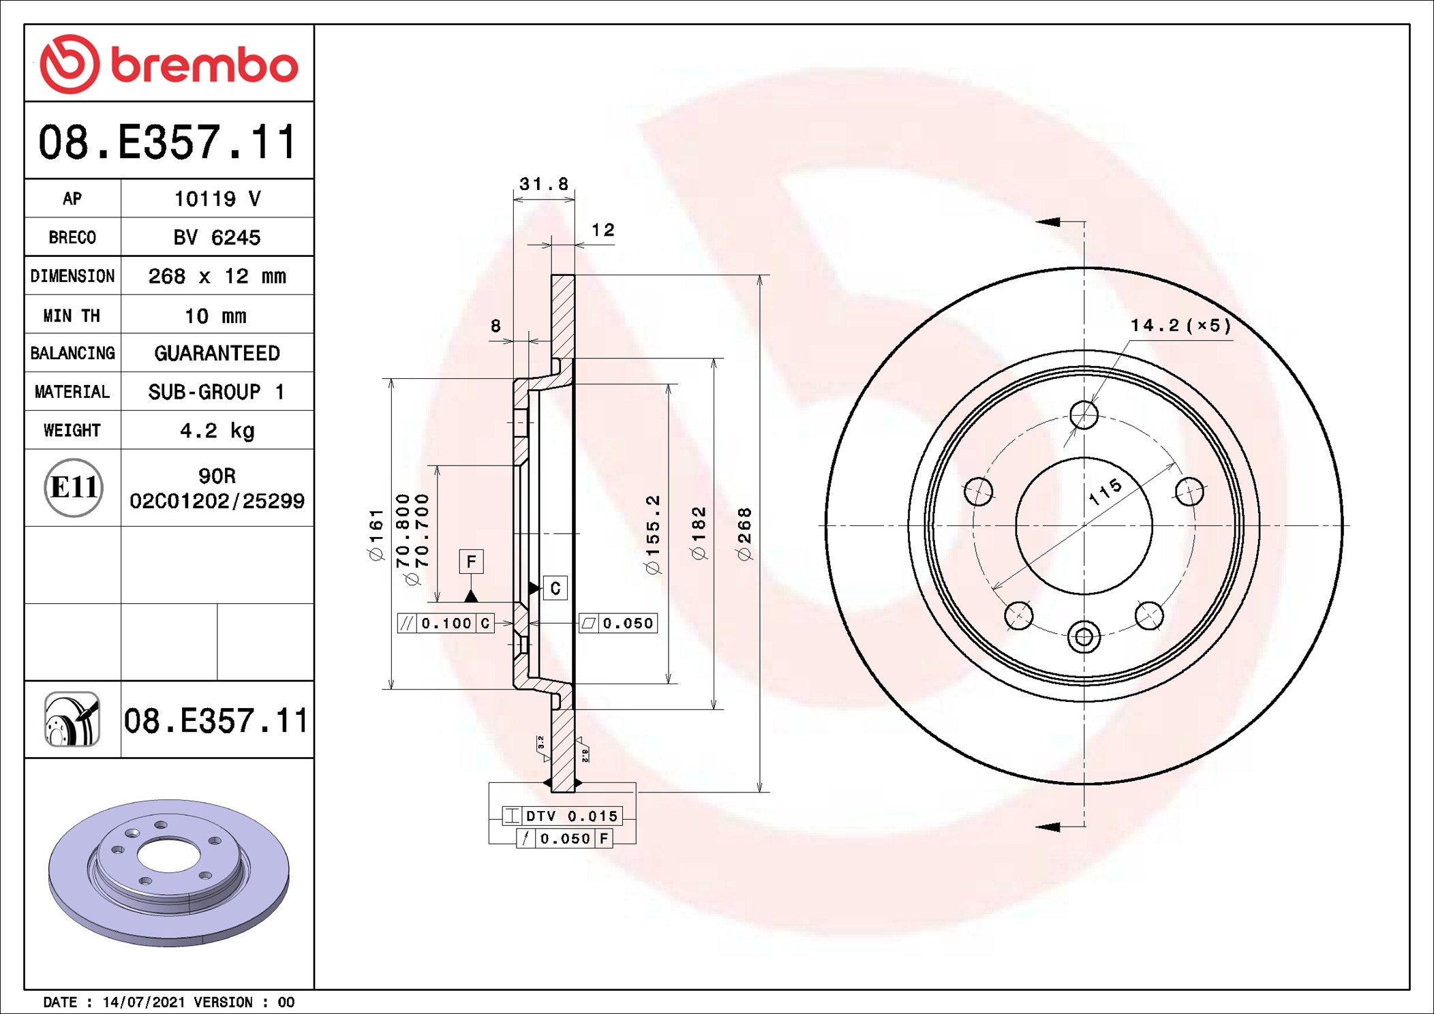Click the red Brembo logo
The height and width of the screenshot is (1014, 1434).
point(169,64)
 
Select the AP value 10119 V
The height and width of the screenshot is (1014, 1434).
point(217,199)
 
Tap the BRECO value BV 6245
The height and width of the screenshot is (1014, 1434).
point(217,237)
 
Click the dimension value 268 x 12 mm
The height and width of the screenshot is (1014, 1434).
point(217,276)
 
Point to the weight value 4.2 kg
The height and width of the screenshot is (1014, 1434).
point(217,431)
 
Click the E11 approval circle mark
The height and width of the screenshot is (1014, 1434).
point(74,487)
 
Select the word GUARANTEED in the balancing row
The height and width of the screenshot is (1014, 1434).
point(217,353)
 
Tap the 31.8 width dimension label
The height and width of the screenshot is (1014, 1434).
point(543,184)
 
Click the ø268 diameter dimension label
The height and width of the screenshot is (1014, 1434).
point(744,534)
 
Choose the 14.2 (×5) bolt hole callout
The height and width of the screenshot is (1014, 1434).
point(1180,326)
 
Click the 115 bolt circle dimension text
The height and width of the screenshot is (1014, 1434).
point(1105,491)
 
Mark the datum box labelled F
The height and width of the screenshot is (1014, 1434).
point(471,562)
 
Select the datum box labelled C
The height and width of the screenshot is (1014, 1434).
point(555,588)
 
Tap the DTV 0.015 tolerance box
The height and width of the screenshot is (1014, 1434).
point(562,816)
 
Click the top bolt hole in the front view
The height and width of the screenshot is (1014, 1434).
point(1084,414)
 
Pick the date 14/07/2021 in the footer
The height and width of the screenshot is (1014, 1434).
point(143,1002)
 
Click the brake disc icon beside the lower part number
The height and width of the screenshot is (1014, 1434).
point(72,720)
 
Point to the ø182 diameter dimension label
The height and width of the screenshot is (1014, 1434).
point(699,534)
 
